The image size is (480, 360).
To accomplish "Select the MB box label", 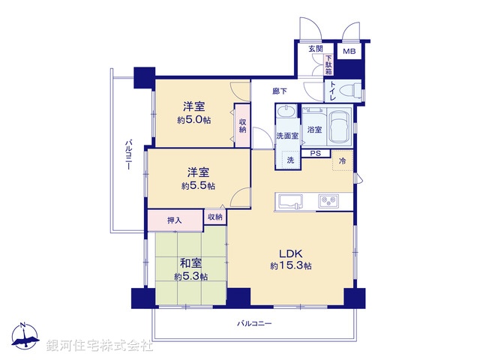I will [349, 51].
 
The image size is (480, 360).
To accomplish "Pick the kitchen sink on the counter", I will [289, 201].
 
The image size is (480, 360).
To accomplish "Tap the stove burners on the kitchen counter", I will [329, 201].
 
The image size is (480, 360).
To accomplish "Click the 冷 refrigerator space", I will [343, 161].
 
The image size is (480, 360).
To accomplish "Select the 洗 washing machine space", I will [289, 160].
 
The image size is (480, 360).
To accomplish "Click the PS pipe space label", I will [316, 154].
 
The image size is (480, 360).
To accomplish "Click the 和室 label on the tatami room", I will [190, 263].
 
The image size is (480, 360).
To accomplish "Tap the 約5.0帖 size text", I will [193, 120].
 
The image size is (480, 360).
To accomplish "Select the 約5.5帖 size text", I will [197, 185].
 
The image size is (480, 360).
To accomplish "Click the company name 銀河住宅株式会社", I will [100, 346].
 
